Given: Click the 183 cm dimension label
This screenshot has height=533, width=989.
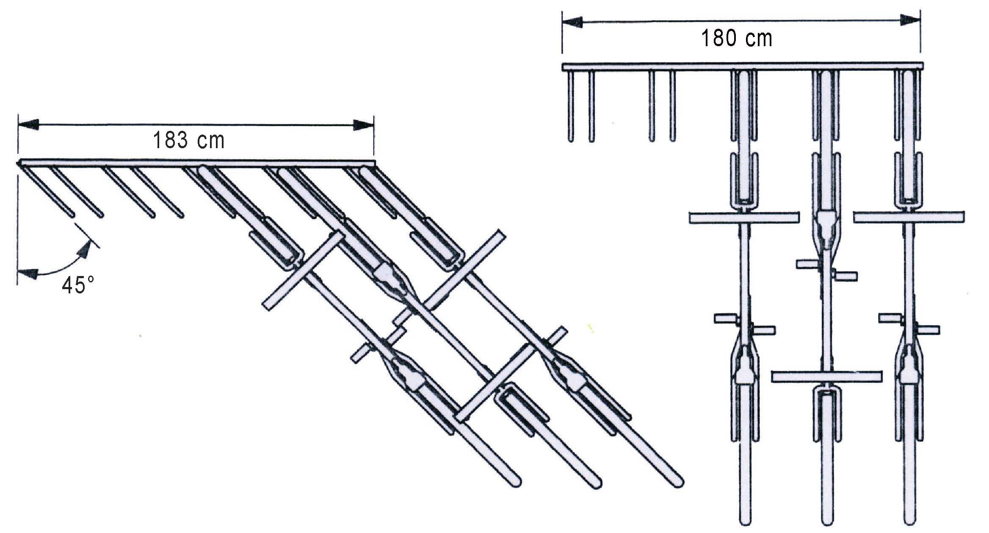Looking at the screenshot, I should click(x=188, y=141).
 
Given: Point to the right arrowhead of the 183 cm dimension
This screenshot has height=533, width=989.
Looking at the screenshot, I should click(x=363, y=124).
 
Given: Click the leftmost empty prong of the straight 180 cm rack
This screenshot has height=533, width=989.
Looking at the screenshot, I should click(x=571, y=106).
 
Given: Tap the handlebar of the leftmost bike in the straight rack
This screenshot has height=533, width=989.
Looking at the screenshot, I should click(x=744, y=218).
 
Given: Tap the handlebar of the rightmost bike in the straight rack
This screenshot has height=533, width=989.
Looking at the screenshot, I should click(x=909, y=217).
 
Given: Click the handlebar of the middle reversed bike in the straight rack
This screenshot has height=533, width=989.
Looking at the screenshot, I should click(x=826, y=376).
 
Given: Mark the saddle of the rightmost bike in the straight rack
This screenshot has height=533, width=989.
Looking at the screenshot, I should click(x=908, y=373).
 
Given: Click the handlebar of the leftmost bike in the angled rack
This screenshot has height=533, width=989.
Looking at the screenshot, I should click(x=301, y=270).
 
